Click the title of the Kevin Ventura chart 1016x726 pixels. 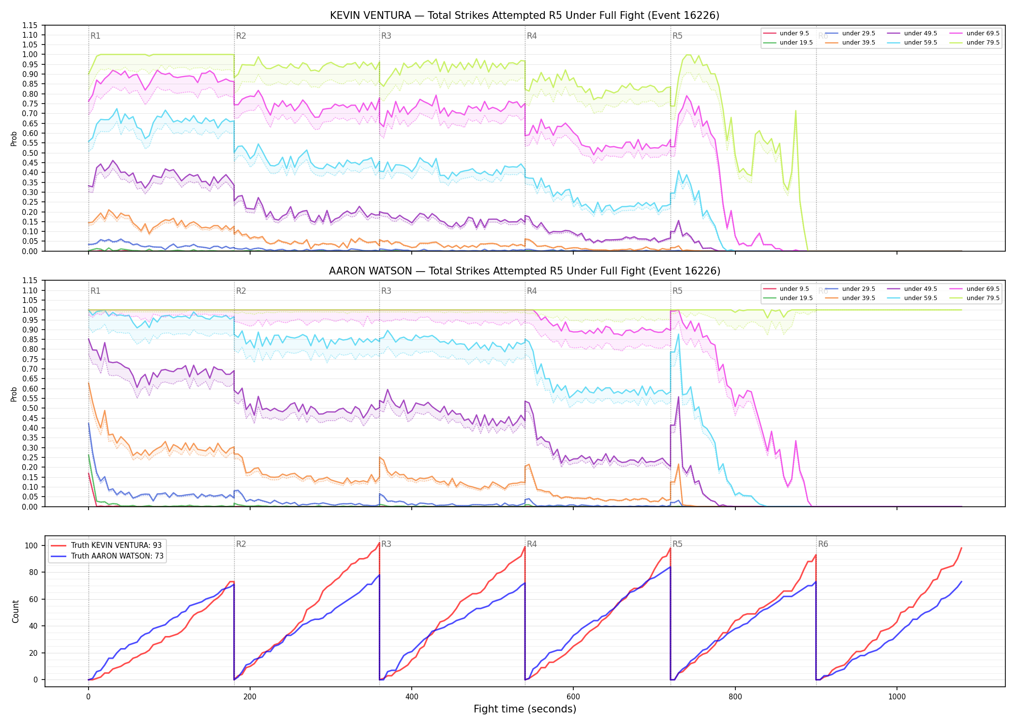point(524,15)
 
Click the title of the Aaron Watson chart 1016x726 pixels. point(524,271)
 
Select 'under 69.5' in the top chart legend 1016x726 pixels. point(983,33)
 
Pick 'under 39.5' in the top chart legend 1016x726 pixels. point(858,43)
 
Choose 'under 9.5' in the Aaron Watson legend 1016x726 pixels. point(794,289)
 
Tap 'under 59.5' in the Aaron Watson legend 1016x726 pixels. point(921,298)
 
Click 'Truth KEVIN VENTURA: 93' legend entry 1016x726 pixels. point(116,545)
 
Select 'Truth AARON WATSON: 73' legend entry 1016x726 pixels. point(117,556)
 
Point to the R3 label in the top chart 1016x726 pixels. point(386,36)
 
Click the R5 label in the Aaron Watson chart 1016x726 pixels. point(677,291)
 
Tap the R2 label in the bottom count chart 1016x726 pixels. point(241,544)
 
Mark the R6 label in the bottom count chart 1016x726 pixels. point(823,544)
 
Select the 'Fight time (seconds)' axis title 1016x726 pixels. point(525,709)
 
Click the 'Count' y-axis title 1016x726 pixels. point(15,611)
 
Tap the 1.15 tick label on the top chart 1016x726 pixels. point(30,25)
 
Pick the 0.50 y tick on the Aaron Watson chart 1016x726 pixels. point(30,408)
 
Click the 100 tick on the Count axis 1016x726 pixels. point(31,545)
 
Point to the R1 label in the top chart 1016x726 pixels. point(95,36)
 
